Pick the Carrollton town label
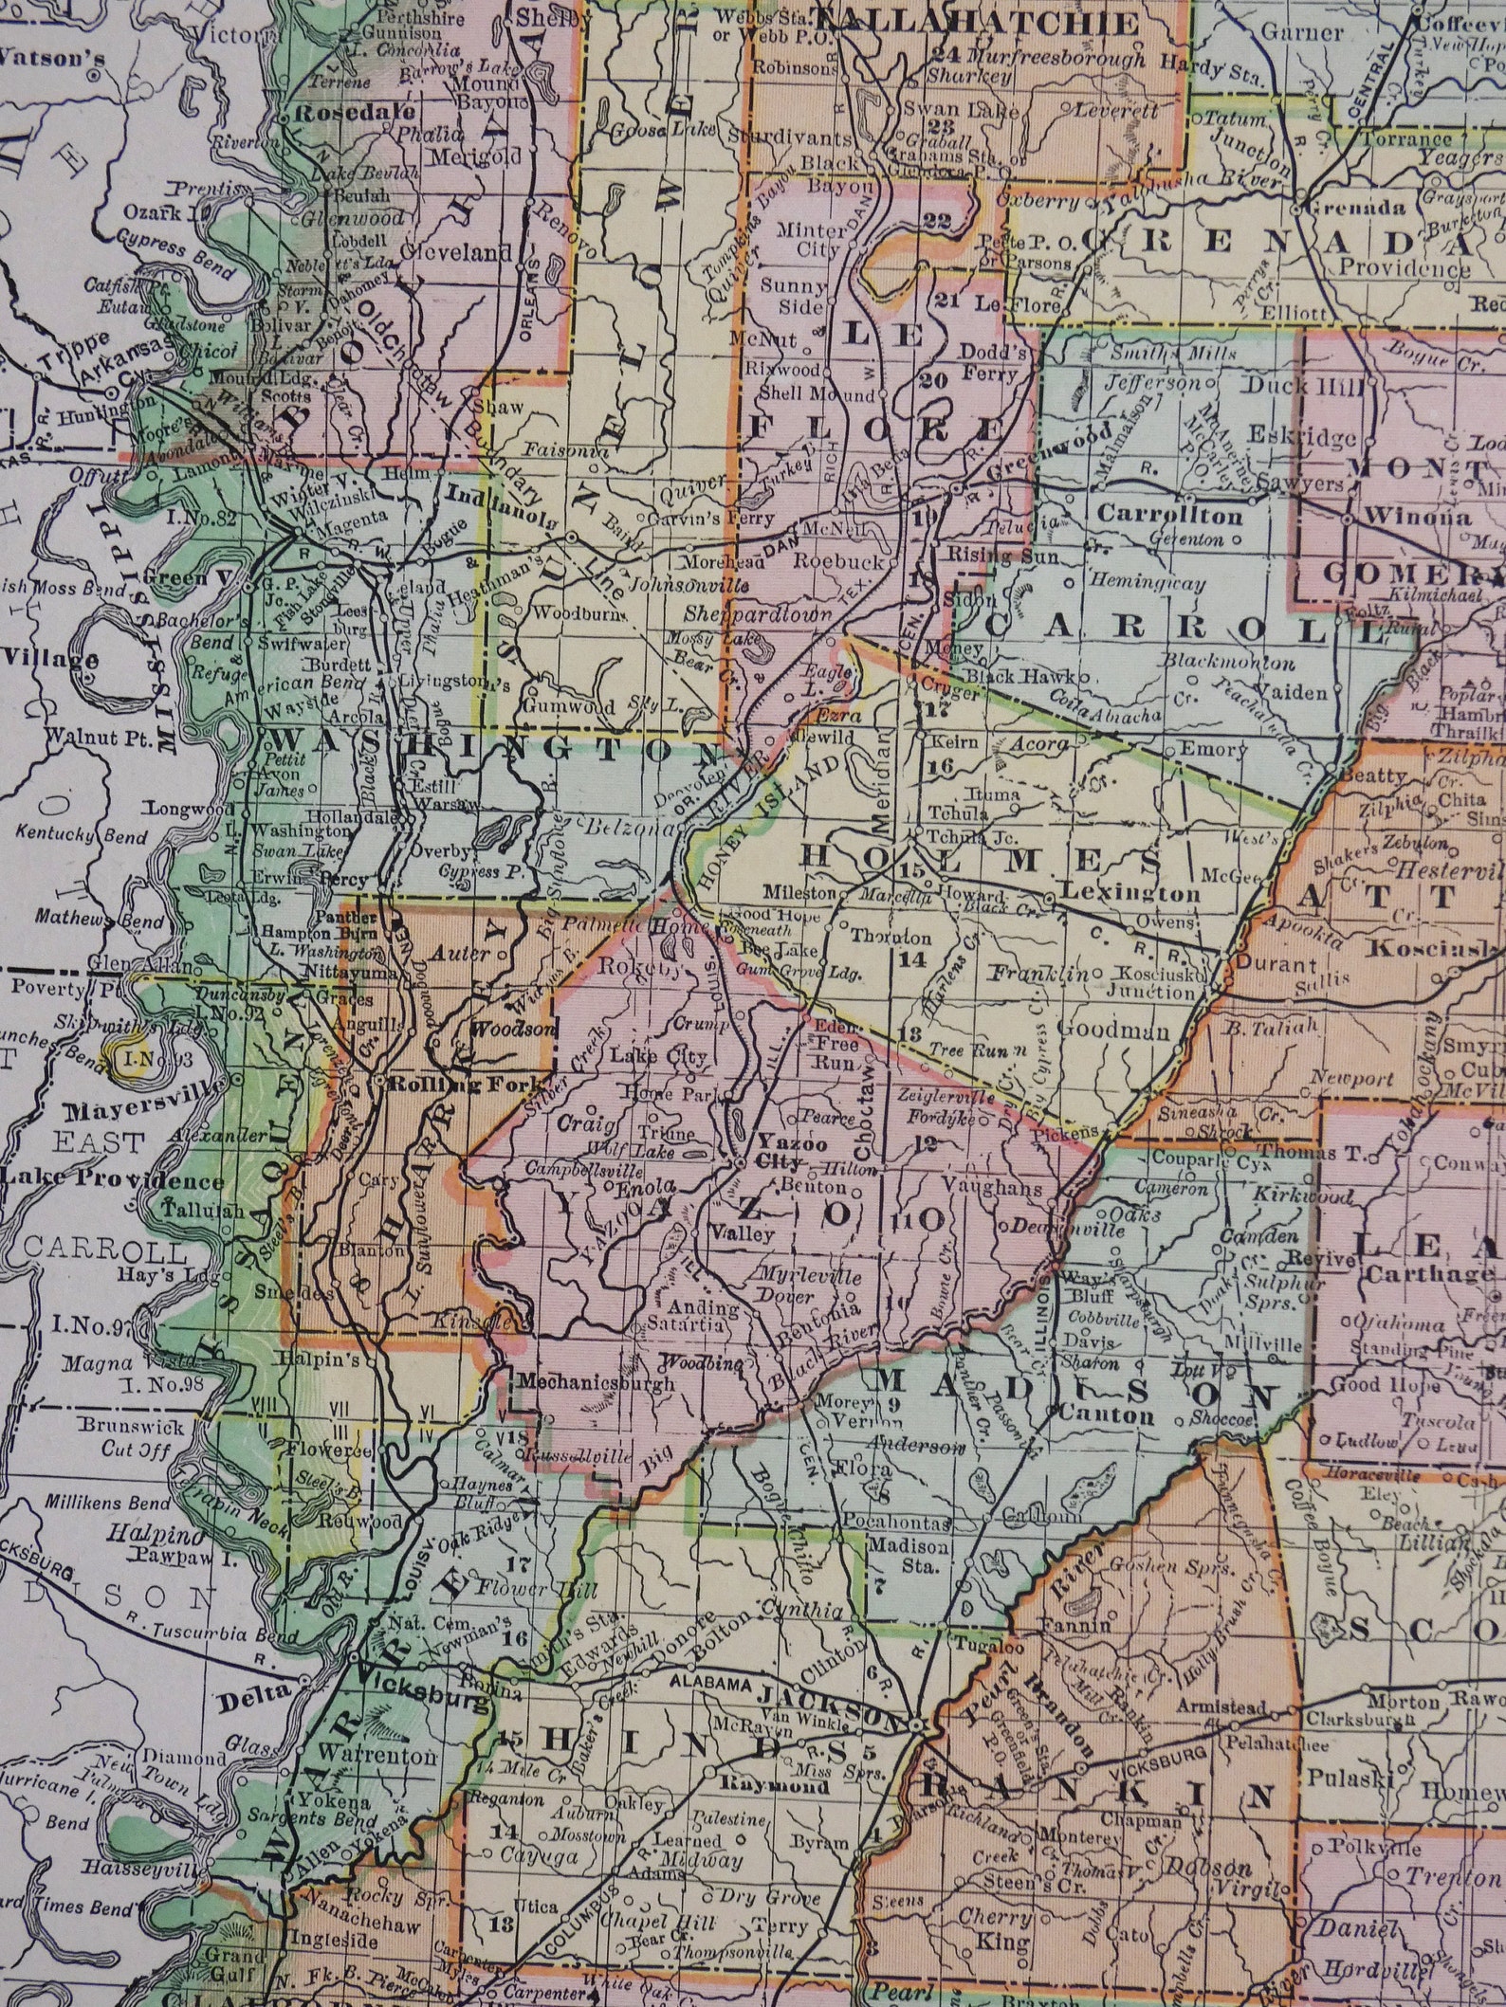pos(1170,516)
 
